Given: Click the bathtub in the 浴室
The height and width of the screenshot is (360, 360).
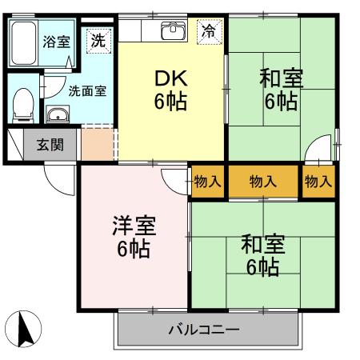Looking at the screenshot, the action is coord(23,43).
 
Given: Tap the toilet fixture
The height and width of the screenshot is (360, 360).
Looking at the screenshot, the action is coord(23,106).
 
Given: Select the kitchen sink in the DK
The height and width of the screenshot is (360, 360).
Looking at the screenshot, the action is coord(174,31).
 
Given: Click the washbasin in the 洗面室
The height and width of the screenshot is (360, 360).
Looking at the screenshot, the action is coord(58,114).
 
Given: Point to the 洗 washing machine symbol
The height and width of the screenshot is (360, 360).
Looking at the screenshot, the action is coord(98,41).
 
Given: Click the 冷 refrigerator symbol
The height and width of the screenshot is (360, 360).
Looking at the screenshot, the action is coord(210,32).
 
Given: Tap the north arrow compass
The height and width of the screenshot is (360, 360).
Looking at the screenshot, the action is coord(23,329).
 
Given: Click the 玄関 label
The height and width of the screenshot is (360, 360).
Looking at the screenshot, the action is coord(50,145).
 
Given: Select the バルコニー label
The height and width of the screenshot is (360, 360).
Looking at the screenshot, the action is coord(204,330).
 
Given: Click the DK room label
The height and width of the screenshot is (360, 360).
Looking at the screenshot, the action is coord(171,90).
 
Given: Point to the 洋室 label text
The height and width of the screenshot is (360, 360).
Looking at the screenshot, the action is coord(134,226).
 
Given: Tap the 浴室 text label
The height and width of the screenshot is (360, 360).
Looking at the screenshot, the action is coord(57,42).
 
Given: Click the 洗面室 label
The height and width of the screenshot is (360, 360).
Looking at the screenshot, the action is coord(87,91).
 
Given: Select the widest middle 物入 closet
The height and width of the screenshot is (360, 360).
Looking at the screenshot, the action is coord(263,182).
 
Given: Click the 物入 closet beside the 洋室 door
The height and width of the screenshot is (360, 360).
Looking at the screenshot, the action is coord(208,182).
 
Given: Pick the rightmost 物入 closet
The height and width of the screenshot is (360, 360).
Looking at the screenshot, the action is coord(318,182).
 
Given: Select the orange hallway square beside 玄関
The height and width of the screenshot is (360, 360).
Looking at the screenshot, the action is coord(98,145).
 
